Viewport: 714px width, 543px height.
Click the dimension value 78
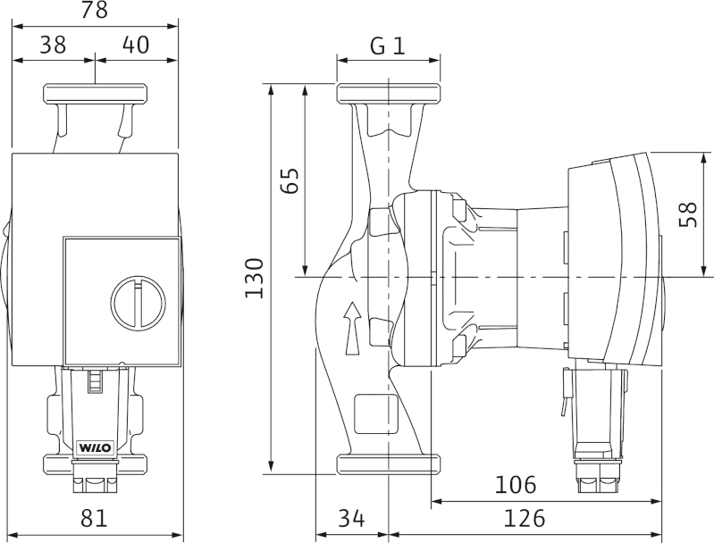(x=94, y=10)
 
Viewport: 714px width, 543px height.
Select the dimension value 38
(x=53, y=45)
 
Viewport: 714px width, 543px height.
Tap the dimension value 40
(x=136, y=45)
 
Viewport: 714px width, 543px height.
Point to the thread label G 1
(x=388, y=46)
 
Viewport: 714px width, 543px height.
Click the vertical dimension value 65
(x=290, y=180)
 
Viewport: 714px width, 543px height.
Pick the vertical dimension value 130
(x=255, y=278)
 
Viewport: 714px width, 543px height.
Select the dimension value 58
(x=688, y=214)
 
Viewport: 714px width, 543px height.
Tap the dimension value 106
(x=516, y=485)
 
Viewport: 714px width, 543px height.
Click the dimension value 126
(x=524, y=518)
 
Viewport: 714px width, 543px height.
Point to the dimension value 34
(x=351, y=518)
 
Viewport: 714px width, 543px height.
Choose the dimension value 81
(x=94, y=518)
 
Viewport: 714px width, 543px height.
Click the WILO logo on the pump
(x=96, y=447)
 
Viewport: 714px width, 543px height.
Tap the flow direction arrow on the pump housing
(x=352, y=327)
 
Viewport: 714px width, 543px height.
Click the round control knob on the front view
(x=138, y=301)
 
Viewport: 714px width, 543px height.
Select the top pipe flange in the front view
(x=95, y=93)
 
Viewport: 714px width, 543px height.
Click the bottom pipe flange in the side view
(x=389, y=464)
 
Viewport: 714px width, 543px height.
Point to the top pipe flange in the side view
(x=389, y=93)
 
